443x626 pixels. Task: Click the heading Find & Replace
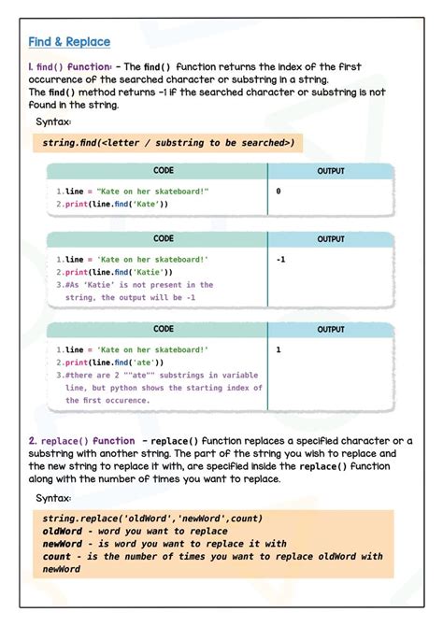69,42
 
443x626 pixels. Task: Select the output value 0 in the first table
279,191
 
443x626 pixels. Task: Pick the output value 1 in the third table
279,349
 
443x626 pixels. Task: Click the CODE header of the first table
164,171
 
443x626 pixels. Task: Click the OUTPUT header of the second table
331,239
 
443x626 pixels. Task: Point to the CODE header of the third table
164,329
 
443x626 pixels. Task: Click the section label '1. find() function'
70,67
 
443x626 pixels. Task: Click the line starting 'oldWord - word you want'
136,531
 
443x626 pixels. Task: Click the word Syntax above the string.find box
53,122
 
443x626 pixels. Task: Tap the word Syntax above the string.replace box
53,498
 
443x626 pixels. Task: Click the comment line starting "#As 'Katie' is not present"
139,285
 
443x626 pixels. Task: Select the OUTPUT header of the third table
331,330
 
